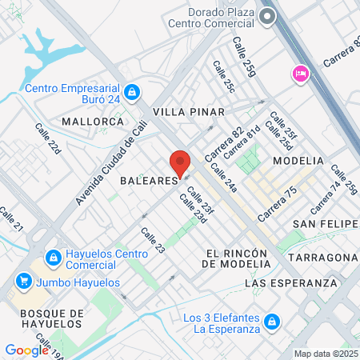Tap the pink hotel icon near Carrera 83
(300, 74)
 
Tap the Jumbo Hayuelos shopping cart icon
(24, 282)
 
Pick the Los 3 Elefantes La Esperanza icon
(272, 321)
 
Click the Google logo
(26, 350)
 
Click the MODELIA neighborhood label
(298, 161)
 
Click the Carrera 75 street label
(278, 204)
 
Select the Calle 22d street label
(48, 138)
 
